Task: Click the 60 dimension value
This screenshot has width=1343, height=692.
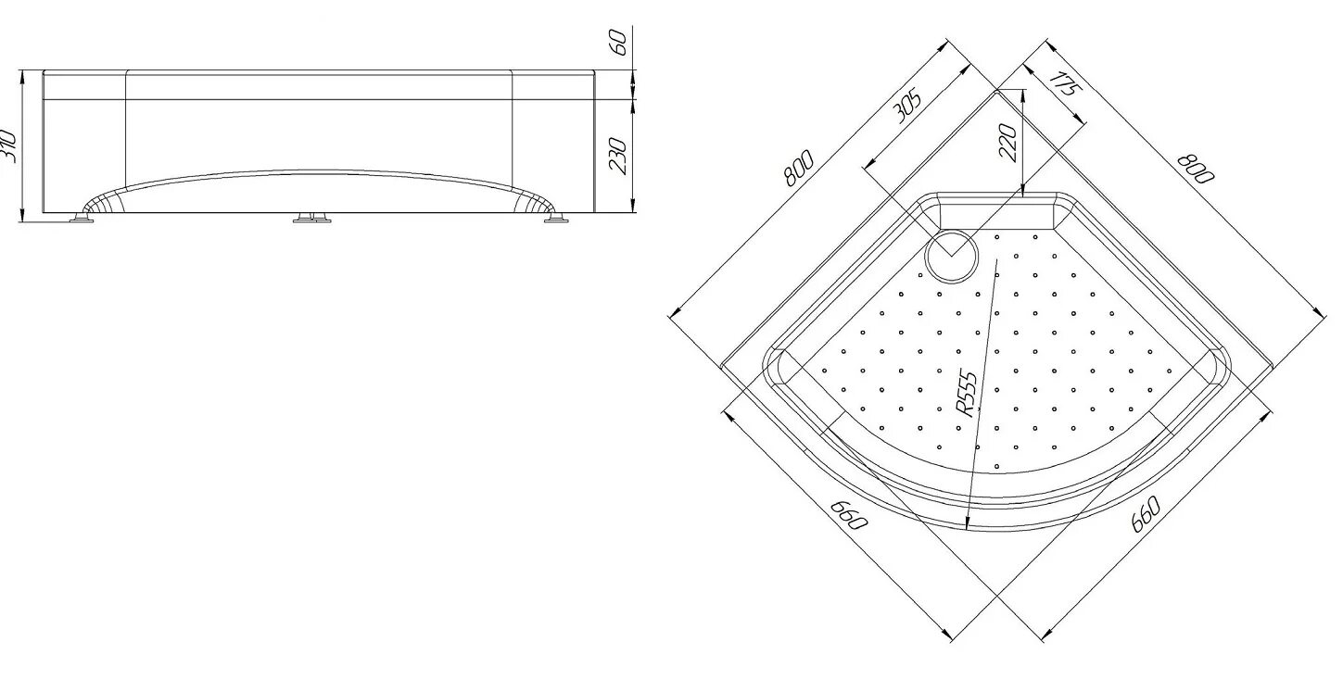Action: [x=619, y=42]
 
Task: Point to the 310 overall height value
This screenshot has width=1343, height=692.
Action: [x=7, y=146]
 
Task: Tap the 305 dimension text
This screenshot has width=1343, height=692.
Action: [x=906, y=107]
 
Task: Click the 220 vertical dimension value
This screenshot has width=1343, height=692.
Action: [x=1008, y=143]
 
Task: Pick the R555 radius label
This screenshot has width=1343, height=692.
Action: [x=966, y=393]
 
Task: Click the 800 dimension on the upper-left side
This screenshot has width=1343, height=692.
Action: [x=798, y=168]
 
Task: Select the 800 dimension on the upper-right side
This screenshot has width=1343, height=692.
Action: [x=1196, y=167]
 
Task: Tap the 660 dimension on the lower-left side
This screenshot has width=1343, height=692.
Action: [x=848, y=515]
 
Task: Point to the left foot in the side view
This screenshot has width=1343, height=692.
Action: [x=83, y=219]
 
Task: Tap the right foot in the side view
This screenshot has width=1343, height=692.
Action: [x=555, y=219]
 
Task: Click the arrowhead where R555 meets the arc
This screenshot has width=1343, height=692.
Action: [x=968, y=524]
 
